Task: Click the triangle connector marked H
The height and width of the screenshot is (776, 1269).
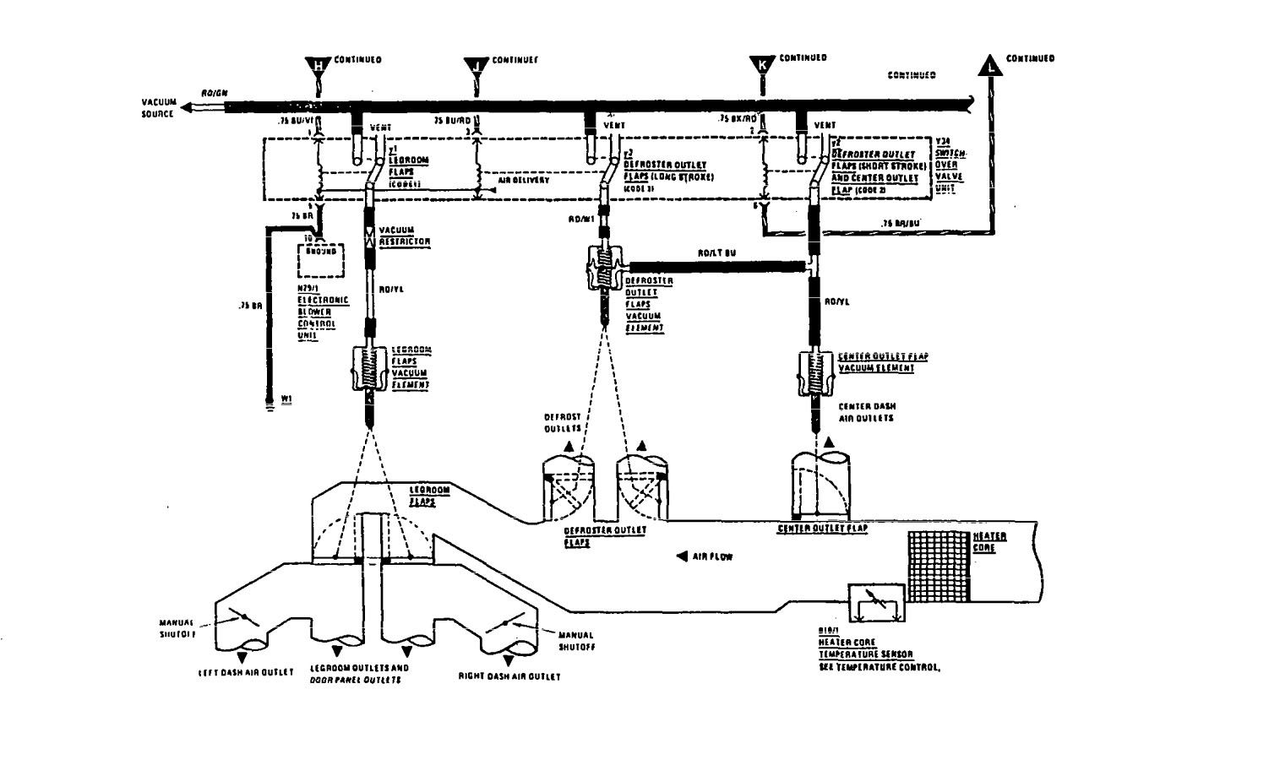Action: coord(319,65)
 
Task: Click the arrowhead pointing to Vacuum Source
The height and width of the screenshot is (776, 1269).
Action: coord(188,106)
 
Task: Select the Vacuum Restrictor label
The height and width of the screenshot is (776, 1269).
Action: coord(404,236)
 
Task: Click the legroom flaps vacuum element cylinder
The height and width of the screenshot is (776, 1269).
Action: coord(368,369)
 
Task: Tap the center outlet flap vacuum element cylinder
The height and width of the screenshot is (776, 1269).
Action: coord(817,372)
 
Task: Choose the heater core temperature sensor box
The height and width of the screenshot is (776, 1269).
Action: coord(876,603)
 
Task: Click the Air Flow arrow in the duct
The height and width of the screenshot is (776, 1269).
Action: coord(682,556)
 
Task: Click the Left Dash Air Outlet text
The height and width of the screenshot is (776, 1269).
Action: coord(246,673)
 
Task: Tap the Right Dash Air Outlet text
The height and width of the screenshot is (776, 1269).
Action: coord(509,676)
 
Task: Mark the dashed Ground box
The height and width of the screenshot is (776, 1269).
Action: coord(322,258)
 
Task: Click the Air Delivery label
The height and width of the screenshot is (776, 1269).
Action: coord(524,181)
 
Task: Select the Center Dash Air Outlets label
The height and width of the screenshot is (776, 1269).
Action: coord(868,411)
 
